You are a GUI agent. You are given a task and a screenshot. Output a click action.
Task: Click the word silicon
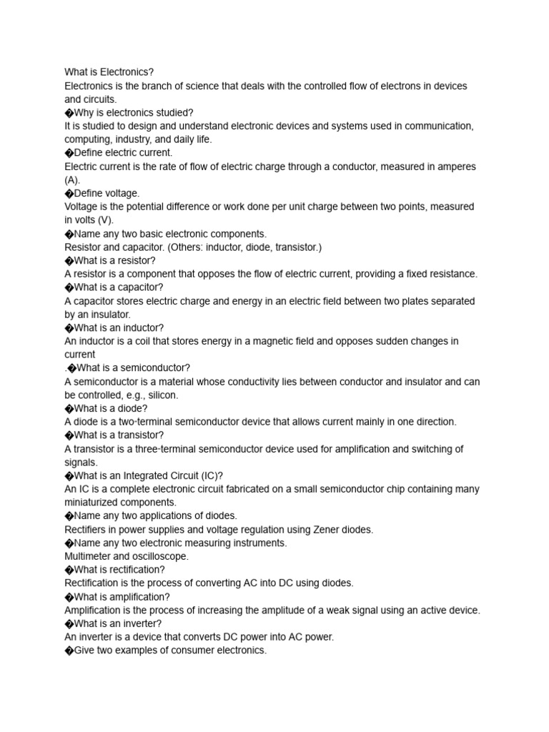[161, 395]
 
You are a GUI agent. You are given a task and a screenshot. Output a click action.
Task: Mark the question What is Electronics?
[109, 72]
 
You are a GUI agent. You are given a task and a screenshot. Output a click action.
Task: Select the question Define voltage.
[107, 193]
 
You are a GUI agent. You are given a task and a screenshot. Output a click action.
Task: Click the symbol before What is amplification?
[69, 597]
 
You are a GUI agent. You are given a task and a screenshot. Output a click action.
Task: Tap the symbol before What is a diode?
[69, 409]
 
